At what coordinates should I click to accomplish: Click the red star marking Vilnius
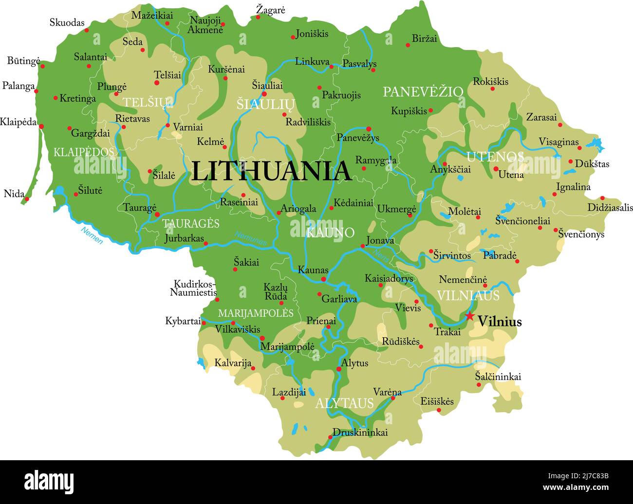(x=469, y=316)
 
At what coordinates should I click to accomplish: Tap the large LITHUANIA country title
(x=271, y=171)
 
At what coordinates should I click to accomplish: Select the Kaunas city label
(x=313, y=270)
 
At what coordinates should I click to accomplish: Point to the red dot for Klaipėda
(x=41, y=126)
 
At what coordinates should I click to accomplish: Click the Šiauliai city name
(x=267, y=85)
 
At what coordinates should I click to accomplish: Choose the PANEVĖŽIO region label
(x=423, y=91)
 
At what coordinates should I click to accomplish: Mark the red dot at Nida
(x=27, y=199)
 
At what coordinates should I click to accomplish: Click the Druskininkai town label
(x=360, y=432)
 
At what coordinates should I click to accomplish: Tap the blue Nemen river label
(x=92, y=235)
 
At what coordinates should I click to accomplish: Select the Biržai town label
(x=425, y=38)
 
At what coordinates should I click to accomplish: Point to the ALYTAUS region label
(x=344, y=403)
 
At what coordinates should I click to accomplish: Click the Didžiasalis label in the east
(x=610, y=208)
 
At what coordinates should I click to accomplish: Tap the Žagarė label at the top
(x=270, y=10)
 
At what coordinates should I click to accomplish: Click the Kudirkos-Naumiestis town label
(x=194, y=288)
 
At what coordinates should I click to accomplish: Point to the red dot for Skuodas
(x=87, y=30)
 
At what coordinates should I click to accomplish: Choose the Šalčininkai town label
(x=498, y=377)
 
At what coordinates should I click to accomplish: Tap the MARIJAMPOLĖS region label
(x=256, y=313)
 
